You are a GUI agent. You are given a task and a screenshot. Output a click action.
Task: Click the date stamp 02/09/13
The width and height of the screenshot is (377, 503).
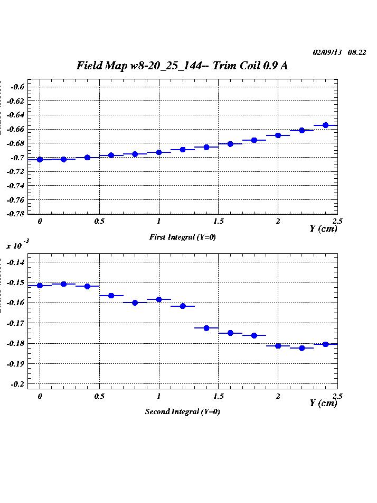point(327,52)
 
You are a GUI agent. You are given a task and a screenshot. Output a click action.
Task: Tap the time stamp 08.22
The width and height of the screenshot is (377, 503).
point(357,52)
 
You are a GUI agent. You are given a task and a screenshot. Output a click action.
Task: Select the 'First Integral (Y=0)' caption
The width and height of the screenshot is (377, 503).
point(183,237)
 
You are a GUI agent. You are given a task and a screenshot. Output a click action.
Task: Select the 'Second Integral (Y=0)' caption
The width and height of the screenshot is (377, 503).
point(183,411)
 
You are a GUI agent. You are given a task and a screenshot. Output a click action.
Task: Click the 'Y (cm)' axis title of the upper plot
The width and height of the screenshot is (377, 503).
point(323,229)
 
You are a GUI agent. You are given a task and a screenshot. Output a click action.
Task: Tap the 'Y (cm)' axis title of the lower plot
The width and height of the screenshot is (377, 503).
point(323,403)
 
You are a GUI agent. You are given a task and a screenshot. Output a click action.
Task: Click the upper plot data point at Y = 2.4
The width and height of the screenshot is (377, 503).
point(325,125)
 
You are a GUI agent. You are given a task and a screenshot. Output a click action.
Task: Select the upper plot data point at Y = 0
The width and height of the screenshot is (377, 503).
point(40,159)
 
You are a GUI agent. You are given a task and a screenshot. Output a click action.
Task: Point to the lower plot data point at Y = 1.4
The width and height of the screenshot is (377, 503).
point(206,328)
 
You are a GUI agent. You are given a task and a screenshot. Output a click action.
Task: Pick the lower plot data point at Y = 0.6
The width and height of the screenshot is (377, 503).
point(111,296)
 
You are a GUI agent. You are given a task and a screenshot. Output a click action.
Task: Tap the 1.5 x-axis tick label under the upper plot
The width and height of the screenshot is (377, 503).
point(219,222)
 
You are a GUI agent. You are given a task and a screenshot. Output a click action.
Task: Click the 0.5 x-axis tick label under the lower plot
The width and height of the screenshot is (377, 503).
point(99,396)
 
